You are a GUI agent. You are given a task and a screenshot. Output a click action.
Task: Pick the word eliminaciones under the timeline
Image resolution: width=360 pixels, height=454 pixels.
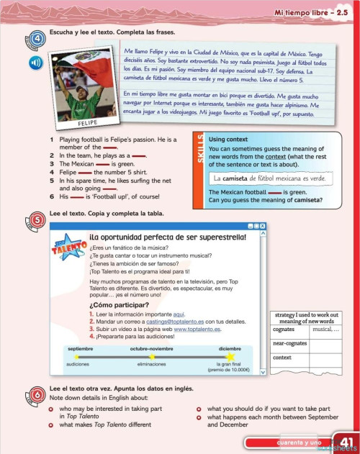tap(152, 364)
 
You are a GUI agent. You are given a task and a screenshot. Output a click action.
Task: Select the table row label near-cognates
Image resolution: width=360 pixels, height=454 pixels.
tap(289, 343)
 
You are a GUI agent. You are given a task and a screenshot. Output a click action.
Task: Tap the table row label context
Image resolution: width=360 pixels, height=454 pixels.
tap(282, 357)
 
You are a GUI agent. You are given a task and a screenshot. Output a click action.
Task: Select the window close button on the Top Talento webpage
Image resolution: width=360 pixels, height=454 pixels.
tap(263, 227)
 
